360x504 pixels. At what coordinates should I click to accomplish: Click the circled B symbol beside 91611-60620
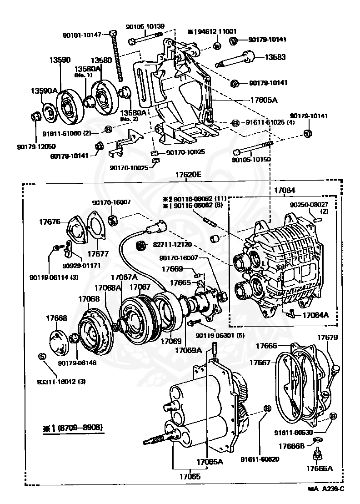[x=267, y=409]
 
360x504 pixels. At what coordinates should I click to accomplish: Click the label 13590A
[x=44, y=91]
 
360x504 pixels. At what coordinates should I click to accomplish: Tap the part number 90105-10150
[x=250, y=160]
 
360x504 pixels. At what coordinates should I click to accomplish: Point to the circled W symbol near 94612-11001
[x=217, y=46]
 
